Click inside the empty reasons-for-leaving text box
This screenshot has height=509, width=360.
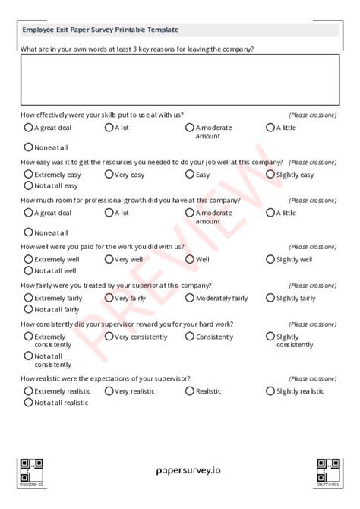(180, 79)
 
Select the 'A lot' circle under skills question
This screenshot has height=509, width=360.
(109, 128)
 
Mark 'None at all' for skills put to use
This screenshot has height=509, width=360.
(29, 147)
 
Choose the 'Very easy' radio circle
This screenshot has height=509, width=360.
(109, 175)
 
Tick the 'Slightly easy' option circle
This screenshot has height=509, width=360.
(270, 175)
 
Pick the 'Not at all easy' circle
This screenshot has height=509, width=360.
(29, 185)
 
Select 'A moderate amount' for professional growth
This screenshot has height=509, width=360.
(190, 213)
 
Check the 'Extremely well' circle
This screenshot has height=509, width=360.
(29, 259)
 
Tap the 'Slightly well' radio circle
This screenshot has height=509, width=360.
(270, 259)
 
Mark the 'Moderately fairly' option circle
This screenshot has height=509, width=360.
(190, 298)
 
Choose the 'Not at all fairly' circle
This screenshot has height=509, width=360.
(29, 308)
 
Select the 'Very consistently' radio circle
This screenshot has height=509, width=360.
(109, 336)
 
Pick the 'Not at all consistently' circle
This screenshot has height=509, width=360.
(29, 355)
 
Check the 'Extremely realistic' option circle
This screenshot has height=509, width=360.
(29, 391)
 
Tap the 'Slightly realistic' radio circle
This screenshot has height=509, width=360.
(270, 391)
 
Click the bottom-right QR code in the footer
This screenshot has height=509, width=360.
(328, 469)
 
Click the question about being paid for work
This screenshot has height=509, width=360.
(103, 247)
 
